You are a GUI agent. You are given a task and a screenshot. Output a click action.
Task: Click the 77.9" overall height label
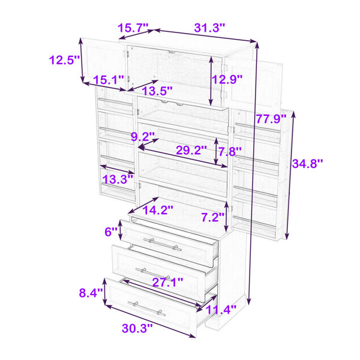[x=271, y=119]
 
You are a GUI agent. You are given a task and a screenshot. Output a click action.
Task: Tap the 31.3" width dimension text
[x=209, y=28]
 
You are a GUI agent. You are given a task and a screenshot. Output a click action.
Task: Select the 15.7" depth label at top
[x=133, y=28]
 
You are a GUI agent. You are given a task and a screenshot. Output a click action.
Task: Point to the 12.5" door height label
[x=65, y=60]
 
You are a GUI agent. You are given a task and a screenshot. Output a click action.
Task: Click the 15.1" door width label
[x=109, y=80]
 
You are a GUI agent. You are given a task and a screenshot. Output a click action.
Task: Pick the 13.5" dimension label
[x=157, y=91]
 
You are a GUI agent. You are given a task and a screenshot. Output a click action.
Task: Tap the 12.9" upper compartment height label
[x=227, y=79]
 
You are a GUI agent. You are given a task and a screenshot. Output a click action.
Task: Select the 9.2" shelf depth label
[x=143, y=137]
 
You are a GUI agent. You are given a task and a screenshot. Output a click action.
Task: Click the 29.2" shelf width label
[x=191, y=151]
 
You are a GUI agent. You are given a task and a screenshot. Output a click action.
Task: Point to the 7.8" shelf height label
[x=230, y=152]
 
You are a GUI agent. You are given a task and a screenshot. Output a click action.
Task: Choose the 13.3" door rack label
[x=118, y=179]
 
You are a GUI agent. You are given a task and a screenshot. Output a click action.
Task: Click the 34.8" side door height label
[x=307, y=164]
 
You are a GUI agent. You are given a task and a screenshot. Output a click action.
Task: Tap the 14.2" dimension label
[x=158, y=210]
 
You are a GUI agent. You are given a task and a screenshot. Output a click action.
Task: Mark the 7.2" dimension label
[x=213, y=217]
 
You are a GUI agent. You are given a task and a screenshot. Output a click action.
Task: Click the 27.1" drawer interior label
[x=168, y=282]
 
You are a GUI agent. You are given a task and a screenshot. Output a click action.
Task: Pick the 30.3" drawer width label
[x=137, y=328]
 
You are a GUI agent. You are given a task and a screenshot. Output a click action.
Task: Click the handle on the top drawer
[x=162, y=244]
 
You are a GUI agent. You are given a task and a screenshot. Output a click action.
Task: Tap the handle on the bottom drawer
[x=146, y=309]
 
